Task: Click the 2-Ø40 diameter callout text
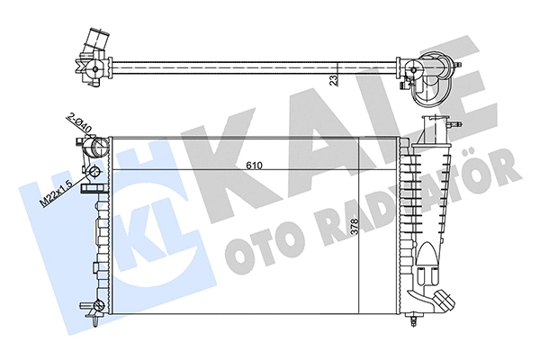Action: pyautogui.click(x=80, y=124)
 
